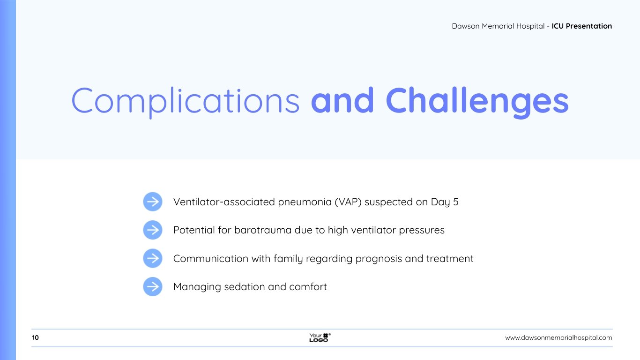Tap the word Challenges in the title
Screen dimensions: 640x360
coord(477,102)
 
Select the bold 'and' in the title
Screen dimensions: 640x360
coord(342,100)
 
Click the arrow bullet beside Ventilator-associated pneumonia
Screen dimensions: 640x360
coord(153,202)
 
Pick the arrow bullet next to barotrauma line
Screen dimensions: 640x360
coord(153,230)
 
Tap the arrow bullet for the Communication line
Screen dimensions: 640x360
coord(153,258)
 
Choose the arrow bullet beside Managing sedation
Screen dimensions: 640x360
coord(153,286)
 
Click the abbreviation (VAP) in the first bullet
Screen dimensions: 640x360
coord(348,202)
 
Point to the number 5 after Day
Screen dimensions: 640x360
coord(456,202)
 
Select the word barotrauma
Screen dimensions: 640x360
coord(262,230)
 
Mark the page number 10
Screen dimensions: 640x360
coord(36,337)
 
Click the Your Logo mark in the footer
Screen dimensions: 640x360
coord(320,337)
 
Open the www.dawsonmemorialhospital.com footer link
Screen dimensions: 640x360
coord(558,337)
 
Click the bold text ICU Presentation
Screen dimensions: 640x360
coord(582,26)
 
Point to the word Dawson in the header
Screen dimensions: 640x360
coord(465,26)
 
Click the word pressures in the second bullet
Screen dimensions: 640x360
coord(422,231)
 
